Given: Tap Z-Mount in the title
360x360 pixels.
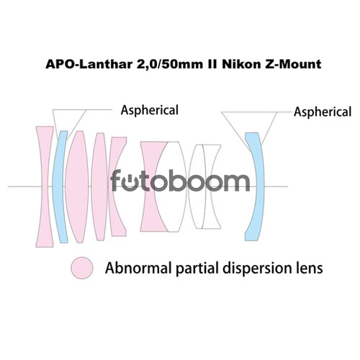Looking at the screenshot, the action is (x=293, y=64).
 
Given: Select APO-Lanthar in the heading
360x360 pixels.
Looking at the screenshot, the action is (x=89, y=64).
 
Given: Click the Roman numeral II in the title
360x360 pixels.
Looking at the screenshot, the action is (x=212, y=64).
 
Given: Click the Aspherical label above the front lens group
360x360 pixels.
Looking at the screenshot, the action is (x=150, y=111).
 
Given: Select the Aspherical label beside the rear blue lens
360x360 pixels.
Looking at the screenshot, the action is (x=323, y=112).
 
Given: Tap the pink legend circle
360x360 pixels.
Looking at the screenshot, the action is (x=82, y=268).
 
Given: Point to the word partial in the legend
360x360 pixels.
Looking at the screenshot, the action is (x=197, y=269).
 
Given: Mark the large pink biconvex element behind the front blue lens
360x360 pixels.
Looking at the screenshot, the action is (x=77, y=186).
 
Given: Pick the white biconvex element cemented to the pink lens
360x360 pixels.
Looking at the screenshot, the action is (x=171, y=186).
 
